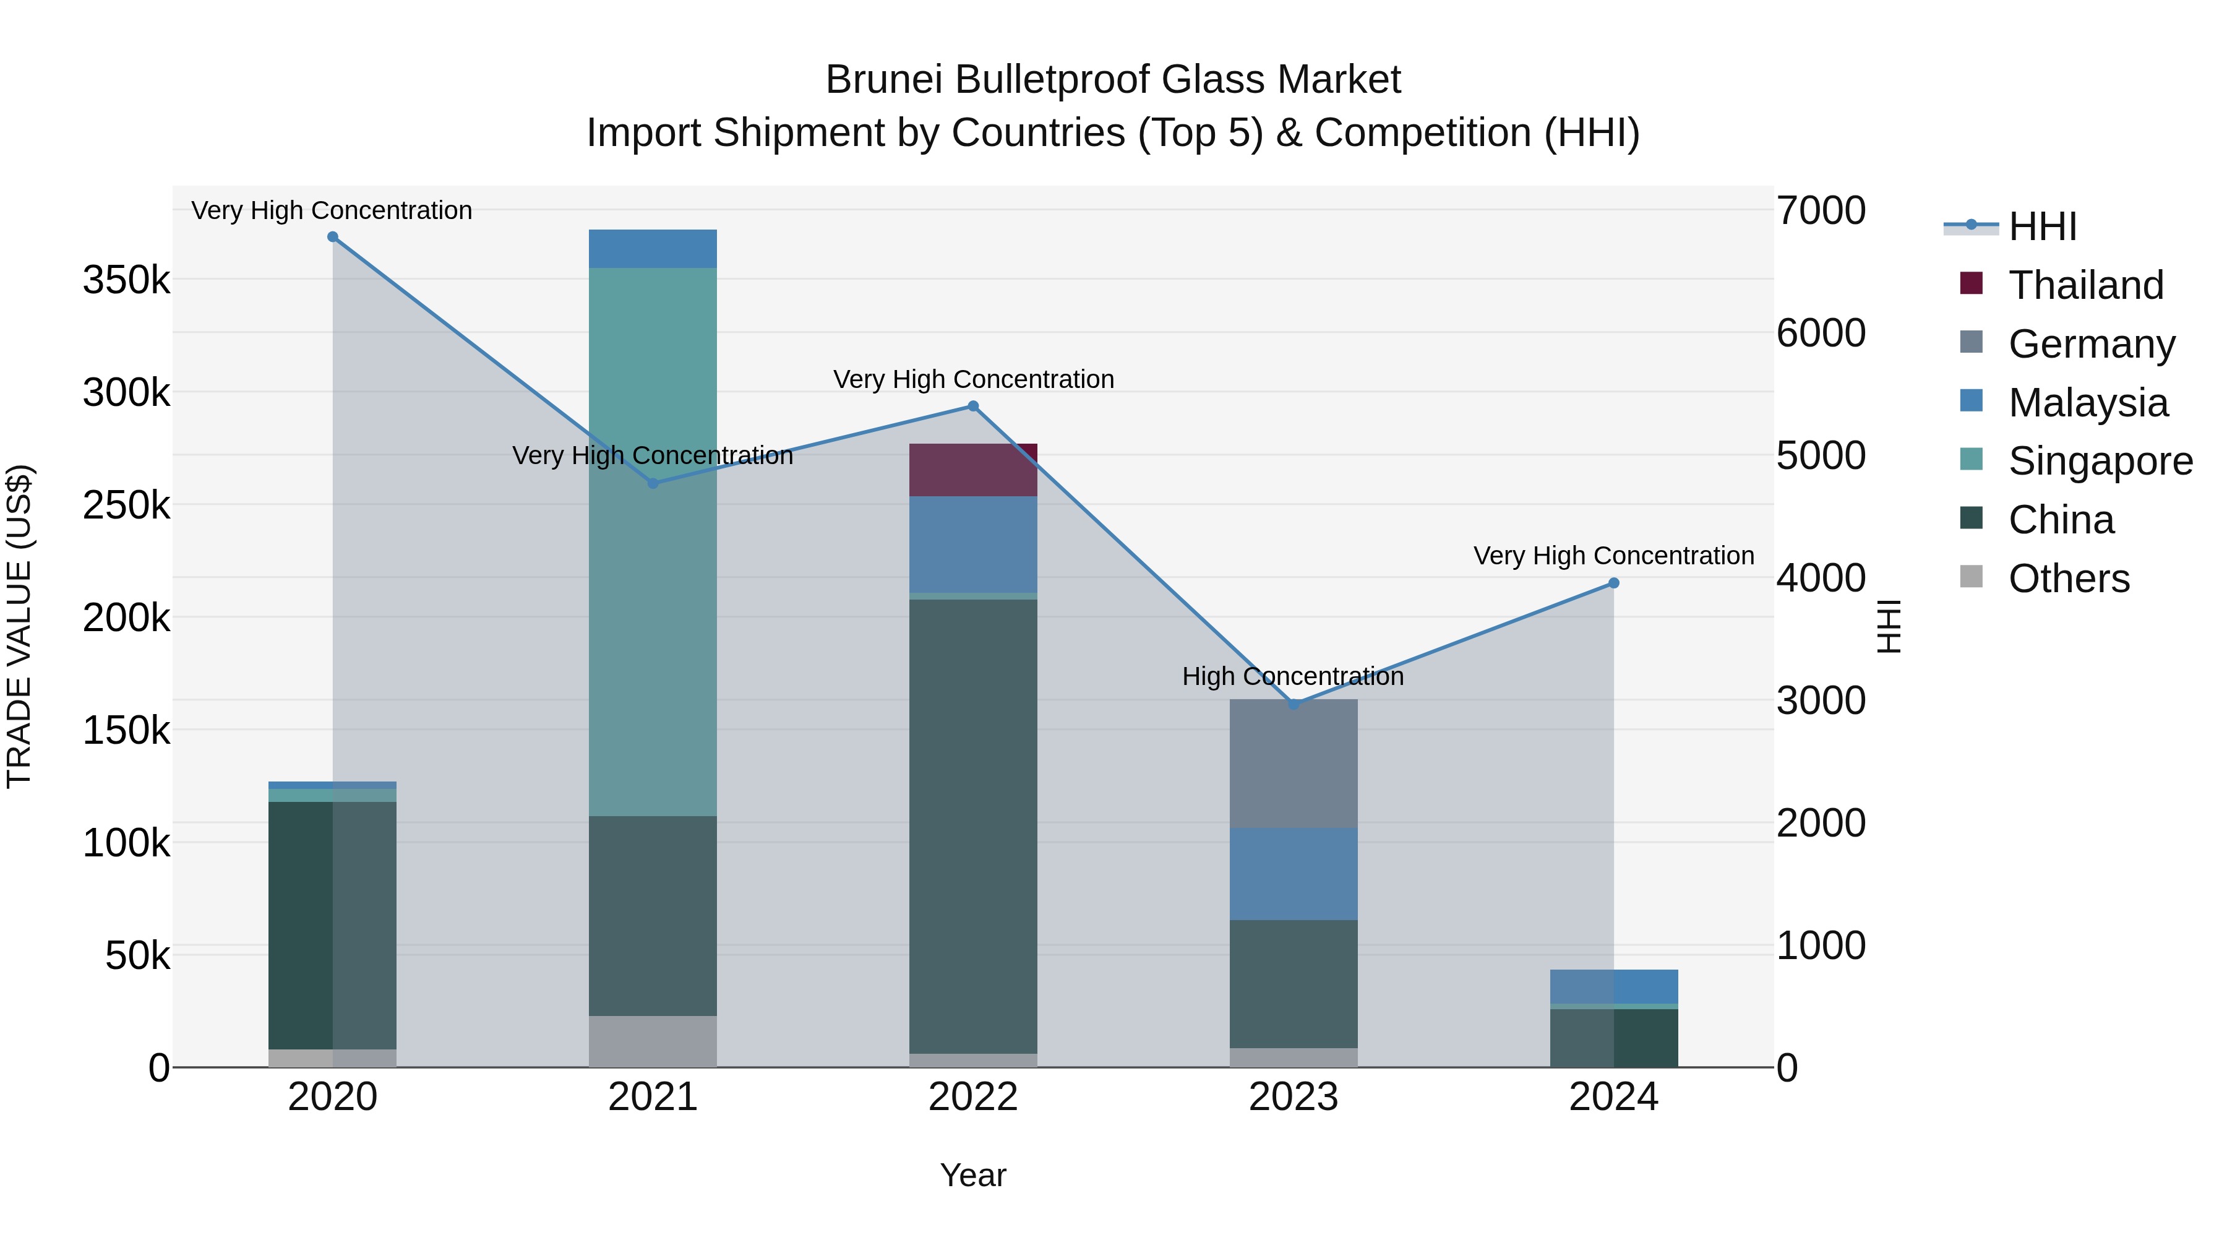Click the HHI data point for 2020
tap(333, 237)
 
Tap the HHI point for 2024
tap(1613, 583)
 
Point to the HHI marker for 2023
tap(1294, 705)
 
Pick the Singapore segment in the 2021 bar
tap(653, 605)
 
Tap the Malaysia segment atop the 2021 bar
tap(653, 248)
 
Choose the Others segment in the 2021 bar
tap(653, 1041)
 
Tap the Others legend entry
tap(2069, 579)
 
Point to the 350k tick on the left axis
tap(126, 280)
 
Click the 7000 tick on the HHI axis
tap(1821, 210)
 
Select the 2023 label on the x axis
tap(1294, 1097)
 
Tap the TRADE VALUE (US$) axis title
tap(19, 626)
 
